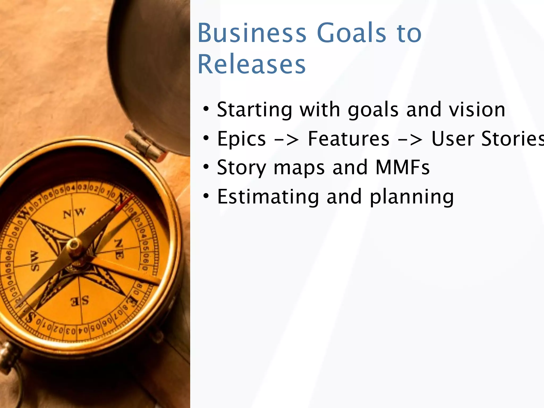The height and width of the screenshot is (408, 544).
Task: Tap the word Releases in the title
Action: click(x=252, y=65)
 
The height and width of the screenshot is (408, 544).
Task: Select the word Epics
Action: click(x=241, y=139)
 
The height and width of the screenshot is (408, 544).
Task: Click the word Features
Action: click(x=348, y=139)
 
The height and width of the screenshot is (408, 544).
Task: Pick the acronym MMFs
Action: click(x=403, y=167)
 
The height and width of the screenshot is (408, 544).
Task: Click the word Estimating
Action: click(x=268, y=197)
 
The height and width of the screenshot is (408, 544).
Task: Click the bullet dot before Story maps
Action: click(x=206, y=167)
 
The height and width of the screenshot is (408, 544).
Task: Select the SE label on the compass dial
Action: click(x=80, y=301)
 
